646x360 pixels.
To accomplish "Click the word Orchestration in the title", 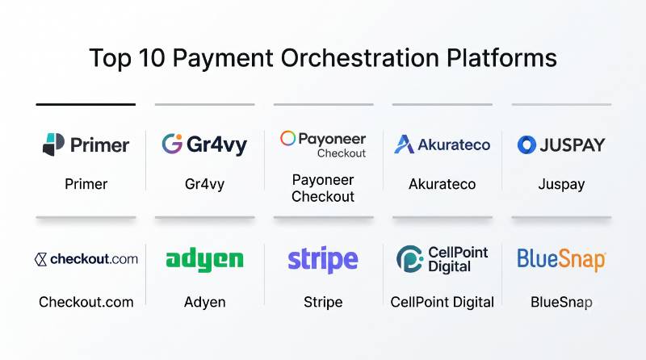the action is click(359, 57).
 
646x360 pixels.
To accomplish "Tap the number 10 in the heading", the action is click(152, 57).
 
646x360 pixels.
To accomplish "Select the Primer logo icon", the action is click(53, 144).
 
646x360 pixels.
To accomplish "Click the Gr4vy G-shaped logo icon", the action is click(172, 144).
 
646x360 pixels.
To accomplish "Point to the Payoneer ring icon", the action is click(287, 138).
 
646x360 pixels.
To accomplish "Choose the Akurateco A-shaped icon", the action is click(405, 144).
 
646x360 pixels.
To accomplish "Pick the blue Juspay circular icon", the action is click(526, 144).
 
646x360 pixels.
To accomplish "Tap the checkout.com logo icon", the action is click(40, 259).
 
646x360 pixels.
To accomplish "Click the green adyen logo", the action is click(205, 260).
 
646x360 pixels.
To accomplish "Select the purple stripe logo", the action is click(323, 261).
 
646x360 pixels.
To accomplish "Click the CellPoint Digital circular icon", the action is click(409, 259).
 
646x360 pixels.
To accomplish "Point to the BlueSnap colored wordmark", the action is click(561, 260).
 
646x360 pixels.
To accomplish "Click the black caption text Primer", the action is click(86, 184).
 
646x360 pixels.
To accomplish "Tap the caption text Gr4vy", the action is click(205, 185).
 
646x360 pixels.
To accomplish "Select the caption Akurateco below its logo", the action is click(442, 184).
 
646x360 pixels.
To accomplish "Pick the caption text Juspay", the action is click(561, 185).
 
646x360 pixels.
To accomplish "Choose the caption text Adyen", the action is click(205, 303).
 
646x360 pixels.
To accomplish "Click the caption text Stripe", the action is click(323, 303).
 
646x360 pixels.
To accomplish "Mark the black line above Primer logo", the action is click(86, 105).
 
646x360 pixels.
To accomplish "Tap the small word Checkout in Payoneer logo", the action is click(342, 153).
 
